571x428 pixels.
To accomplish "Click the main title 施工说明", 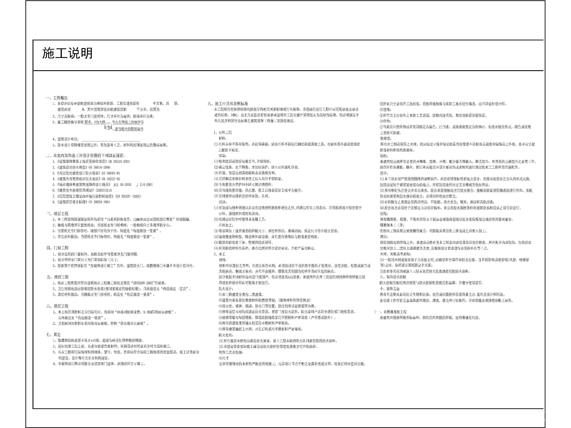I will pos(67,53).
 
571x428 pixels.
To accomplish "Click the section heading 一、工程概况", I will pos(57,98).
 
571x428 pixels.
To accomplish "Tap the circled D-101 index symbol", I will pos(108,127).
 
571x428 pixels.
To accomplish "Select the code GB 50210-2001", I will pos(119,161).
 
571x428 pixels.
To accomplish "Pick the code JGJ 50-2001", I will pos(122,185).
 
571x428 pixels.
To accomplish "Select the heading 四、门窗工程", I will pos(57,248).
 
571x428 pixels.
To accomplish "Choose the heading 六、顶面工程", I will pos(57,306).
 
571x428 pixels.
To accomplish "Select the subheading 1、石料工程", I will pos(223,133).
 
